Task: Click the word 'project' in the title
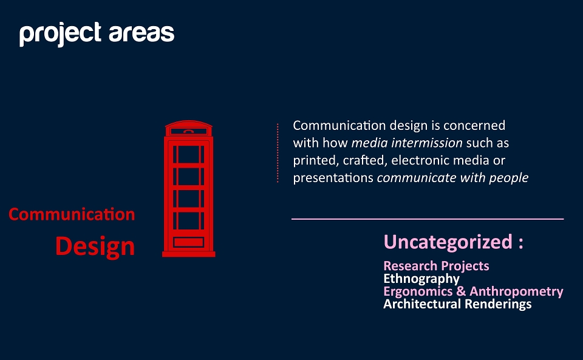[60, 34]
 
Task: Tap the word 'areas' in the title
[141, 33]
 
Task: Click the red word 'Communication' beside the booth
[72, 214]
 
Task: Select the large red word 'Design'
[95, 246]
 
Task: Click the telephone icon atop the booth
[188, 131]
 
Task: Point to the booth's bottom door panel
[188, 242]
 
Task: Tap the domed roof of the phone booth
[188, 124]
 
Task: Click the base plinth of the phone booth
[188, 254]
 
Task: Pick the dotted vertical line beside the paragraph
[278, 153]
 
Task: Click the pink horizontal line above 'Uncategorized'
[428, 219]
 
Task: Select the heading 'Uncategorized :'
[454, 242]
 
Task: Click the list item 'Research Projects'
[437, 266]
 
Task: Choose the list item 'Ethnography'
[421, 279]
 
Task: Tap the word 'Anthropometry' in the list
[516, 291]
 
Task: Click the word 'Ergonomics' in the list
[418, 291]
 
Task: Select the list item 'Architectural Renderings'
[458, 304]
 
